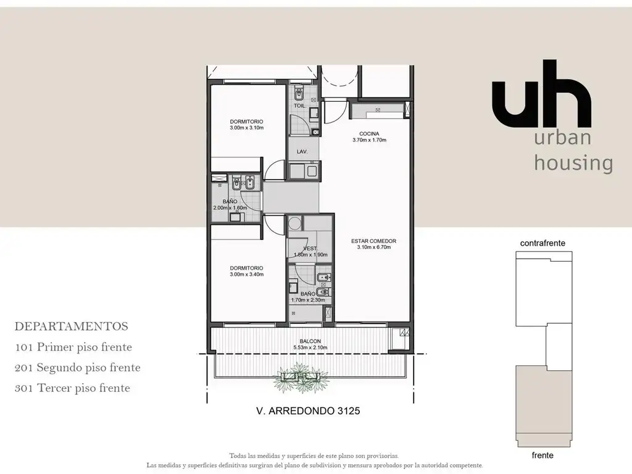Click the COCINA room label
[369, 134]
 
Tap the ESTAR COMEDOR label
[373, 241]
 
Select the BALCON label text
[310, 341]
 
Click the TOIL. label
[299, 106]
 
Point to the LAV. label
[302, 152]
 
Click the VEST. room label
[310, 249]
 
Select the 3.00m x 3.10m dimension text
[247, 128]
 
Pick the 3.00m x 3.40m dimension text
[247, 275]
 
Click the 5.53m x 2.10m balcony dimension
[310, 347]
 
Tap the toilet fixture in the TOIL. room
[299, 94]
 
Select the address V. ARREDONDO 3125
[308, 410]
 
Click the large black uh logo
[542, 94]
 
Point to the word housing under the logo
[573, 163]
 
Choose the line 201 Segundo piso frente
[77, 368]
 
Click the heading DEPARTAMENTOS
[72, 326]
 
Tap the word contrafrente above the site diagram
[543, 243]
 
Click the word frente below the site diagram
[543, 455]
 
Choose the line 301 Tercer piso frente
[73, 388]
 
